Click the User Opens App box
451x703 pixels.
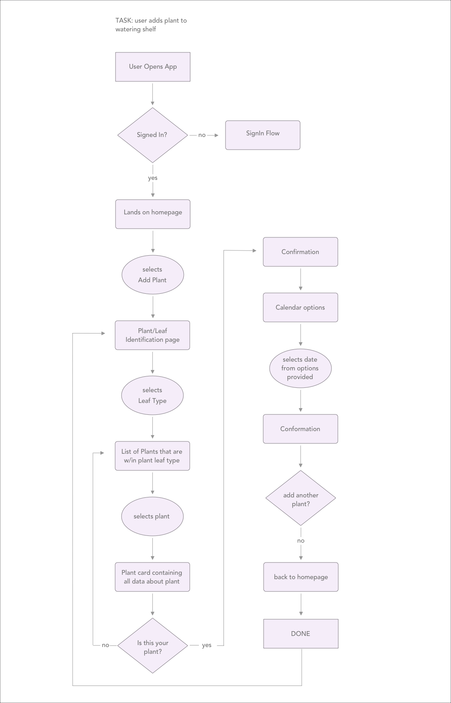[153, 67]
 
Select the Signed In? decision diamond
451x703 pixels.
[152, 135]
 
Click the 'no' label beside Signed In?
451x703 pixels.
[202, 135]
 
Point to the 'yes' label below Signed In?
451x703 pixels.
[153, 178]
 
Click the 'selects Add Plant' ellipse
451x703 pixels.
[152, 275]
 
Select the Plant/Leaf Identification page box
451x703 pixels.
[152, 335]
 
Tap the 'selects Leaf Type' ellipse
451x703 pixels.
[152, 395]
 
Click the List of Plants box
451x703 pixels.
[152, 456]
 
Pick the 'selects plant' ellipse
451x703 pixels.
[152, 516]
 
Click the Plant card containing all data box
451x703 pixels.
[152, 577]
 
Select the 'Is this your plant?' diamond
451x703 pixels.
[152, 645]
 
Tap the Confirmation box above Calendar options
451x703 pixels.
[300, 252]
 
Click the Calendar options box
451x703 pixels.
[300, 307]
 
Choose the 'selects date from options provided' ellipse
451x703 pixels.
[300, 368]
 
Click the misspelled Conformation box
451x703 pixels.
[300, 429]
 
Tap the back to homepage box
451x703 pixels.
[301, 577]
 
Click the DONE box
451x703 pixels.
[301, 634]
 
